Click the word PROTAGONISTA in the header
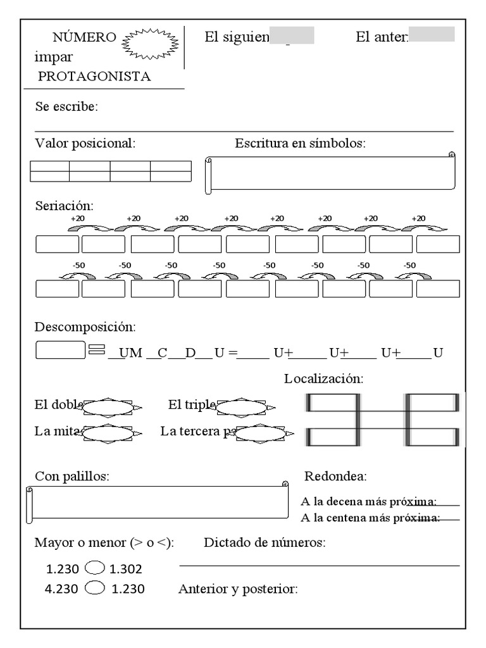tap(94, 77)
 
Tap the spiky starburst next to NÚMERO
tap(149, 44)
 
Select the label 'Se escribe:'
tap(66, 106)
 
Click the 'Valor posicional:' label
tap(85, 144)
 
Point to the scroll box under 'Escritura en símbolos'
tap(330, 174)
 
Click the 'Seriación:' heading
tap(64, 206)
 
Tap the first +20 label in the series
tap(77, 218)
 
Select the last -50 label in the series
tap(409, 265)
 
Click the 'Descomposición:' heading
tap(85, 327)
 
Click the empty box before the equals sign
tap(60, 350)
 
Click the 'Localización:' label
tap(323, 379)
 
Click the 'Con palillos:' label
tap(72, 477)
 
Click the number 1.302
tap(126, 569)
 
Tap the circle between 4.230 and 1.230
tap(94, 588)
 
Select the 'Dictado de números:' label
tap(265, 543)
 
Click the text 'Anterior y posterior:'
tap(238, 589)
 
